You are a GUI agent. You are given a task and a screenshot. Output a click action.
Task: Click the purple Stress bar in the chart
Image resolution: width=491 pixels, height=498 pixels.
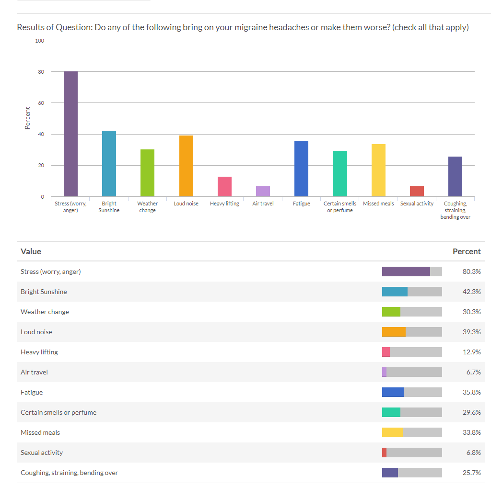71,134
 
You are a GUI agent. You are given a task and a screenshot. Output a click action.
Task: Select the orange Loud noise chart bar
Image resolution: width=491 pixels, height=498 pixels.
186,166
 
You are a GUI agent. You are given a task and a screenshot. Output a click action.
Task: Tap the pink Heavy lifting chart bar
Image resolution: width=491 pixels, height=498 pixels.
224,187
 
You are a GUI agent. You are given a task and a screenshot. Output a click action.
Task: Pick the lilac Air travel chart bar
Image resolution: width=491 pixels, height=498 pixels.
263,192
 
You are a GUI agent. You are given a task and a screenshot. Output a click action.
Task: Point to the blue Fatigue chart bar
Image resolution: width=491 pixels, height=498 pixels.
301,169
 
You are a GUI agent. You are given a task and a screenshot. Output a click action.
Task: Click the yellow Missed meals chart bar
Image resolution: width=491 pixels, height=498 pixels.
378,170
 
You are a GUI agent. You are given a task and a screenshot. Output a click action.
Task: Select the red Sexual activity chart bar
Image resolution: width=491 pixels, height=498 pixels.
417,192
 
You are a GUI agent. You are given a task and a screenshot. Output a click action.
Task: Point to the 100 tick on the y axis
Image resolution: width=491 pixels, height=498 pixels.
39,41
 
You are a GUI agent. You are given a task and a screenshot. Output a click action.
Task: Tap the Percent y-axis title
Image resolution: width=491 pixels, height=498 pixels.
27,118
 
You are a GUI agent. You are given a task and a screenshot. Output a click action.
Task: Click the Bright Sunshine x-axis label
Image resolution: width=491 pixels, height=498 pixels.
109,207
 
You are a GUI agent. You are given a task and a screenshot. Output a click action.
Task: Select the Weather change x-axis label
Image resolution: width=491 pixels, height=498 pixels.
147,207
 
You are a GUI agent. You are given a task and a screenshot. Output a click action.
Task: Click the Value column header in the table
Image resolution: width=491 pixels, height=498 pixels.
31,251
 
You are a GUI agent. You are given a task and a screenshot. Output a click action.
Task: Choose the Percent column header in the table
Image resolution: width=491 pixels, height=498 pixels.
466,251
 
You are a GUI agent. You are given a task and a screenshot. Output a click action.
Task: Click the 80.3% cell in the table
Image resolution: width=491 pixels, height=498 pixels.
471,272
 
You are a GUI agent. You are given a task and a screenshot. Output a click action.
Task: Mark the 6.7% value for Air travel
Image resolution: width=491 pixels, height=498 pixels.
473,372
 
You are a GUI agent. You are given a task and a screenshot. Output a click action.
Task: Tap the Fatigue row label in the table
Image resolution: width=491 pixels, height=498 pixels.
32,392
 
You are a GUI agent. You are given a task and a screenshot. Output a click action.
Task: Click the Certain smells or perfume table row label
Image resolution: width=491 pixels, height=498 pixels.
58,412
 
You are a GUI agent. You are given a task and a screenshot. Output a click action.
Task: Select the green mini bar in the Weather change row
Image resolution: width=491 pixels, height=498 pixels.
391,312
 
